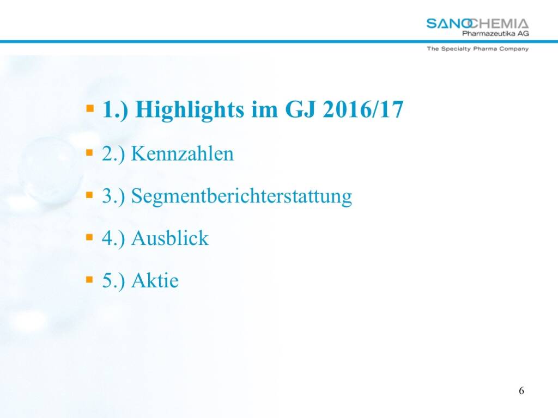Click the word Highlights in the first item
(x=190, y=110)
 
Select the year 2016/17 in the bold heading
(x=363, y=109)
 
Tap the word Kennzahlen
(x=183, y=153)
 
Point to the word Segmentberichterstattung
(x=241, y=196)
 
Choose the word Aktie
(x=155, y=280)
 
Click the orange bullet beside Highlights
(x=90, y=108)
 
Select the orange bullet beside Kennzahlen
(x=89, y=153)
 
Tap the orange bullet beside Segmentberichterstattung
(x=89, y=195)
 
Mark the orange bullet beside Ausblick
(x=89, y=237)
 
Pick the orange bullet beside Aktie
(x=89, y=280)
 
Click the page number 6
(x=521, y=391)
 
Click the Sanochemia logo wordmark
(x=477, y=24)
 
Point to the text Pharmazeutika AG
(x=495, y=33)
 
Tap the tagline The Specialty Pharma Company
(x=478, y=48)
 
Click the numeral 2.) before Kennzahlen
(x=113, y=154)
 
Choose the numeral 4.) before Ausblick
(x=113, y=238)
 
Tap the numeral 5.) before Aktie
(x=113, y=281)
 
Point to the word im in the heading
(x=264, y=109)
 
